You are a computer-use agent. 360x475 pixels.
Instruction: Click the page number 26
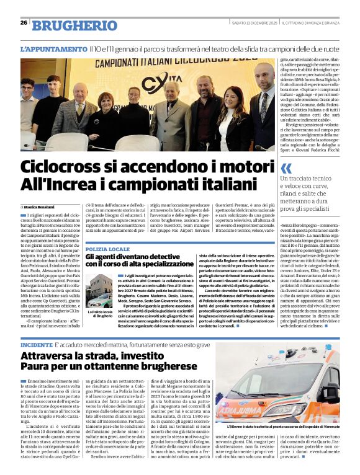coord(24,23)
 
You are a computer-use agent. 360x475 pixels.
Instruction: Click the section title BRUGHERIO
coord(74,25)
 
